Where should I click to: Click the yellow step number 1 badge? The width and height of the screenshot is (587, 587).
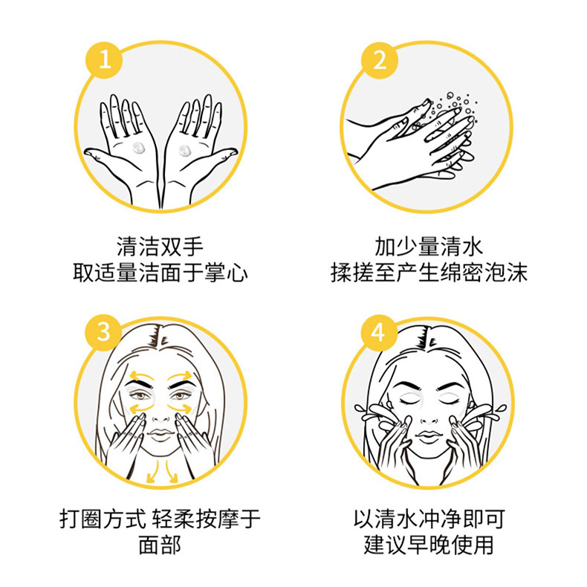point(105,60)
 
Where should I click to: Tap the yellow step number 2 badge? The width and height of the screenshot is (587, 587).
point(379,60)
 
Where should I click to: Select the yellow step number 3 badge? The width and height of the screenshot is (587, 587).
point(104,332)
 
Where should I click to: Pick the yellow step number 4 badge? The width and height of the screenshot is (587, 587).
point(378,332)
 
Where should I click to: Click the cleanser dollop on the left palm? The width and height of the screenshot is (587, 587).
point(138,148)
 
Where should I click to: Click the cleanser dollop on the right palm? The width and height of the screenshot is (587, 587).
point(184,151)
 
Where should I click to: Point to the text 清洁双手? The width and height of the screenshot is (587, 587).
point(160,247)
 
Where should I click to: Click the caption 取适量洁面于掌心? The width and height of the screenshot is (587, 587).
point(160,272)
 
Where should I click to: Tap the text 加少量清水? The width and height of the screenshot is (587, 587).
point(429,247)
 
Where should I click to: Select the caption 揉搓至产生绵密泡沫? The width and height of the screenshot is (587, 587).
point(429,272)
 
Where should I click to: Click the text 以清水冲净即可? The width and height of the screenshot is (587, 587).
point(429,519)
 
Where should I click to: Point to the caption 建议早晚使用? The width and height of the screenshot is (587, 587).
point(429,545)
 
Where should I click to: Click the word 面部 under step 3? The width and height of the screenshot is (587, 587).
point(160,545)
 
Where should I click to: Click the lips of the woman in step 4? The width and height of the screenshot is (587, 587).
point(429,435)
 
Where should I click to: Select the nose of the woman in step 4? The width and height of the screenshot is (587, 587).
point(429,415)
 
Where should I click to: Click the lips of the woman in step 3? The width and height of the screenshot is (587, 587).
point(160,434)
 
